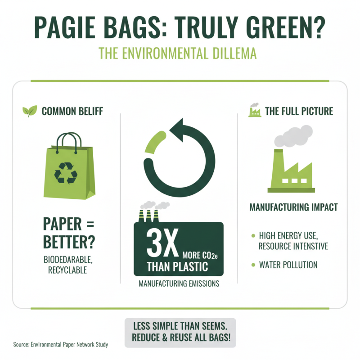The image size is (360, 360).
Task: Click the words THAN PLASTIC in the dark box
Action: pyautogui.click(x=177, y=266)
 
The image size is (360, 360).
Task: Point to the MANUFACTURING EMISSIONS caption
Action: pyautogui.click(x=179, y=284)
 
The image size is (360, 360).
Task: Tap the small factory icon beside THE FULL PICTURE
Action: pyautogui.click(x=255, y=110)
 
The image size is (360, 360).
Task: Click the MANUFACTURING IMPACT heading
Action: pyautogui.click(x=294, y=208)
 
